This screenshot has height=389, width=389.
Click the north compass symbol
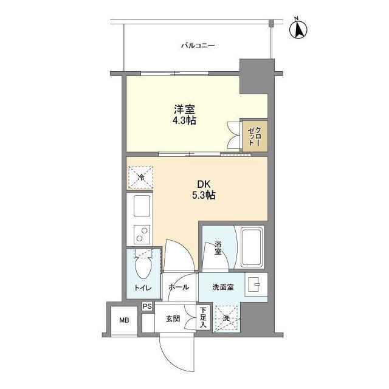click(298, 29)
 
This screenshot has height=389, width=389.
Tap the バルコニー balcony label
click(198, 46)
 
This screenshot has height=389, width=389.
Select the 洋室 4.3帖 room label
click(184, 115)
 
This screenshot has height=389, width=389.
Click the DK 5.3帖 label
click(204, 190)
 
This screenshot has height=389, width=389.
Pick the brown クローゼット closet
click(255, 136)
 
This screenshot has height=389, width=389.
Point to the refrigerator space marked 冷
click(140, 177)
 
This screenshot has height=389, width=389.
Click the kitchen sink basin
click(142, 205)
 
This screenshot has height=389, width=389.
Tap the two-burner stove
click(142, 235)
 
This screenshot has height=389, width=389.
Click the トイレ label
click(143, 287)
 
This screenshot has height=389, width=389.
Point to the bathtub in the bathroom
click(252, 247)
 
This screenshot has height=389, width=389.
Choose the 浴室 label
click(218, 247)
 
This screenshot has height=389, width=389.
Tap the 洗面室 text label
click(223, 287)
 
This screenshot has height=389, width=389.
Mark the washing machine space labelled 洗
click(226, 318)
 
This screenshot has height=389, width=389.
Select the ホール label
click(179, 287)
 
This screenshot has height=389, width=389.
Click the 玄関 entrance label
click(173, 318)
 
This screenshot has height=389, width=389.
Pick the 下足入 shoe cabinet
click(203, 317)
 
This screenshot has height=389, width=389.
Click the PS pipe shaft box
click(147, 306)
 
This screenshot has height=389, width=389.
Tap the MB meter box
click(124, 320)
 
